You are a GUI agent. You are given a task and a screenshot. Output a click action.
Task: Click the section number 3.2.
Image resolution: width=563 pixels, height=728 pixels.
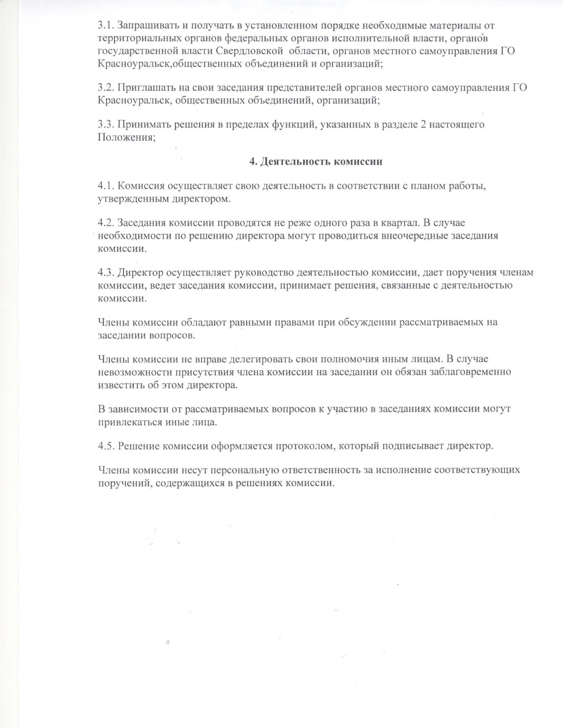pos(106,88)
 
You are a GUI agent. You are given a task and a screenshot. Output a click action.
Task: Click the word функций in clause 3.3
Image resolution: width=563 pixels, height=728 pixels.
pos(284,125)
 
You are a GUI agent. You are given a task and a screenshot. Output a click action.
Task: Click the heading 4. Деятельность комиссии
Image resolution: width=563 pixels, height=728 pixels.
pos(316,162)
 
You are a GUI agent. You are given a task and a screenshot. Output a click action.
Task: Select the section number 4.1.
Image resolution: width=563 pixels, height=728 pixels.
pos(106,186)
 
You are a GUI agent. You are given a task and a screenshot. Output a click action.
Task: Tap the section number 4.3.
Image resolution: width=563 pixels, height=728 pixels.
pos(106,273)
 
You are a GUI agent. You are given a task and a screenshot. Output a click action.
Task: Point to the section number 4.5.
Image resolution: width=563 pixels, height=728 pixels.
pos(106,446)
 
